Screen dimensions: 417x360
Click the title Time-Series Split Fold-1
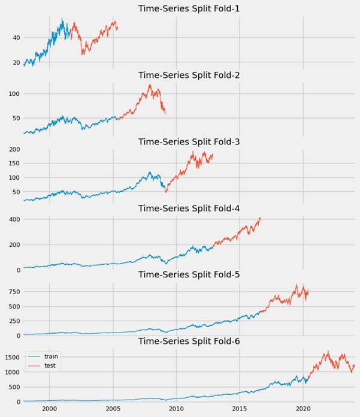click(x=189, y=8)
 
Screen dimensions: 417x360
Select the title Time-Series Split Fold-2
click(x=189, y=75)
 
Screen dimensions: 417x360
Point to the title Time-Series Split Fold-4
click(x=189, y=208)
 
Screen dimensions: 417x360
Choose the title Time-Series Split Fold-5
click(x=189, y=274)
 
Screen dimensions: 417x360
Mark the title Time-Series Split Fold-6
click(x=189, y=341)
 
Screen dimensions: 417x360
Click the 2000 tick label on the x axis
click(x=50, y=410)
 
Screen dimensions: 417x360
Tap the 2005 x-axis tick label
click(x=113, y=410)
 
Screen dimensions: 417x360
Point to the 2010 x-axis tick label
click(x=176, y=410)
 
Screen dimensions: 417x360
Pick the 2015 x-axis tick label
click(x=240, y=410)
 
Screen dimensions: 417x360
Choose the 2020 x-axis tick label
click(x=303, y=410)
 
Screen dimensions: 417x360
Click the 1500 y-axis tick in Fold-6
click(x=11, y=357)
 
